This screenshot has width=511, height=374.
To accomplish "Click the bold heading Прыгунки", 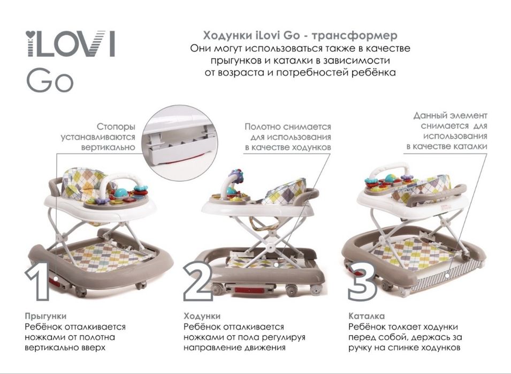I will [x=45, y=316].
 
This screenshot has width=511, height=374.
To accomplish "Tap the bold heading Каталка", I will [x=366, y=316].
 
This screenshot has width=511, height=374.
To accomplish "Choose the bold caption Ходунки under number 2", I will [x=202, y=316].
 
